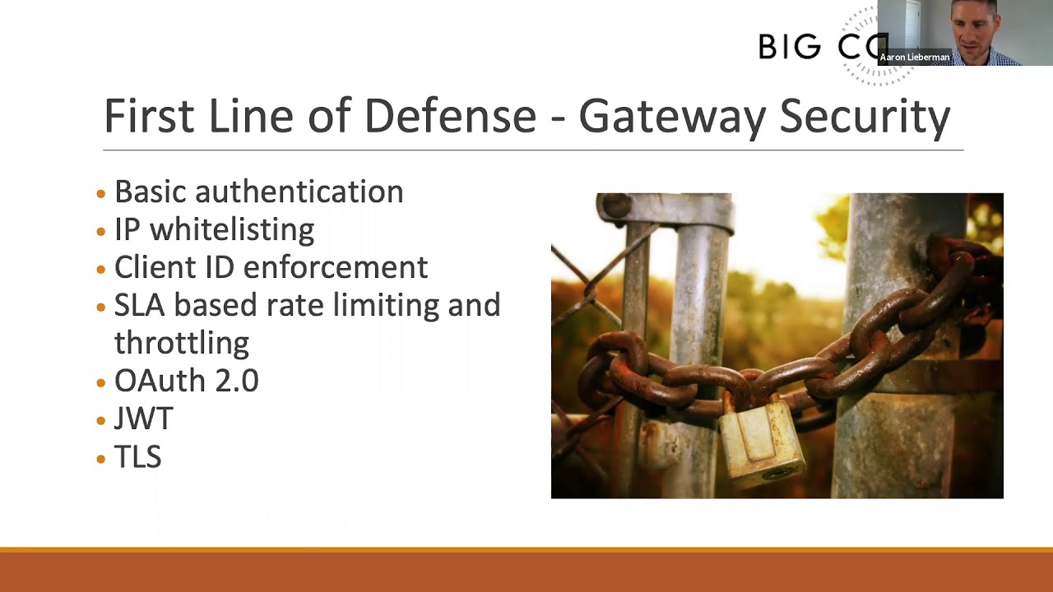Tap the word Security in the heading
(865, 116)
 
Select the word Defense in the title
(450, 116)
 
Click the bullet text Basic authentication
(258, 192)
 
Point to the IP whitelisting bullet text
(214, 229)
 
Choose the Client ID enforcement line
(271, 267)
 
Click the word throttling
(181, 343)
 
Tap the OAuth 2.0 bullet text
(186, 381)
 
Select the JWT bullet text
(143, 419)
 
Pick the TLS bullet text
(137, 456)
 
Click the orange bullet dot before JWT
(101, 421)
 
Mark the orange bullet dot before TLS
(101, 459)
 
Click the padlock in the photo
(761, 442)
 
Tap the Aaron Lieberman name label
(915, 58)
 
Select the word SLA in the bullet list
(140, 305)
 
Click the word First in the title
(149, 116)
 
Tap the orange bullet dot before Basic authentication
(101, 194)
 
